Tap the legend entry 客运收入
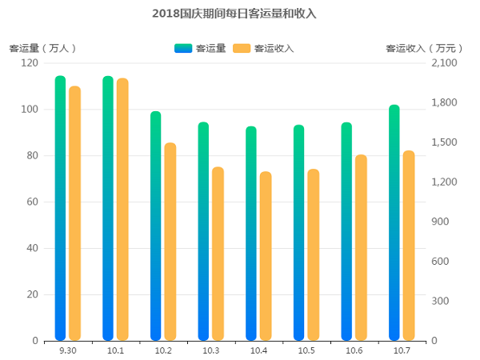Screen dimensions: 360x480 tap(263, 48)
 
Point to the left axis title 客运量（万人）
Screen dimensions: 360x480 tap(42, 48)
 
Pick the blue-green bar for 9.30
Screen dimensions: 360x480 tap(60, 208)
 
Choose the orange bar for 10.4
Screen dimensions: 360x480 tap(266, 256)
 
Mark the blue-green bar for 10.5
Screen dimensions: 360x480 tap(298, 233)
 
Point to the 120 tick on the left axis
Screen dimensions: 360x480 tap(30, 63)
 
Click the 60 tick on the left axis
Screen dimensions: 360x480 tap(32, 202)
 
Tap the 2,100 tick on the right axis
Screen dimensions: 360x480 tap(443, 63)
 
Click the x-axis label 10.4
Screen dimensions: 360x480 tap(258, 351)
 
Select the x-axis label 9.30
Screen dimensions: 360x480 tap(67, 351)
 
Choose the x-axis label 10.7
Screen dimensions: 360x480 tap(402, 351)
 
